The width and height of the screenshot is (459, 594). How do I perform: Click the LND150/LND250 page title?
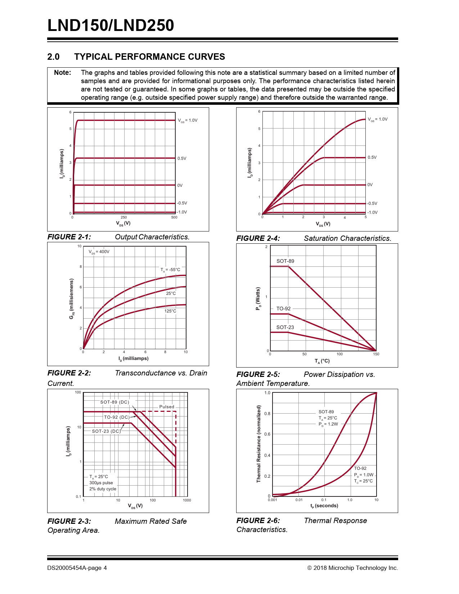[x=111, y=26]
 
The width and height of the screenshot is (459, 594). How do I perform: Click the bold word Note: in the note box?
[x=63, y=73]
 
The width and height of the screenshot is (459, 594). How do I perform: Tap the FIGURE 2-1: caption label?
[x=69, y=237]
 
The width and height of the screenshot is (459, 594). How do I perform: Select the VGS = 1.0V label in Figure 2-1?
[x=188, y=121]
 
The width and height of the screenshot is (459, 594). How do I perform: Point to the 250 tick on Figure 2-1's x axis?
[x=123, y=217]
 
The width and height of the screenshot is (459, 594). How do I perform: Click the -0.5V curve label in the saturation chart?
[x=372, y=204]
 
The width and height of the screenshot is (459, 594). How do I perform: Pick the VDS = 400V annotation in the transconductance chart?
[x=99, y=252]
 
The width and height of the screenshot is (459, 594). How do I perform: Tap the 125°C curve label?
[x=170, y=311]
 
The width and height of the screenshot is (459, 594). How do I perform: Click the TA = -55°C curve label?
[x=170, y=270]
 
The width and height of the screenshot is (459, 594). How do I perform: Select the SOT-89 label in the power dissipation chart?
[x=285, y=261]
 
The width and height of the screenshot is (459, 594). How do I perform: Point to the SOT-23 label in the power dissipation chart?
[x=285, y=328]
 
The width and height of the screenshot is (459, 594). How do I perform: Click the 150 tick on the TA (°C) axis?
[x=376, y=354]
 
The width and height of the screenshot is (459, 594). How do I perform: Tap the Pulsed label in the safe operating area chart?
[x=167, y=407]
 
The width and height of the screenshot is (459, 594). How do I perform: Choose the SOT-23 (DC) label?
[x=106, y=431]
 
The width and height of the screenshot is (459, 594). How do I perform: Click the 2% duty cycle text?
[x=103, y=489]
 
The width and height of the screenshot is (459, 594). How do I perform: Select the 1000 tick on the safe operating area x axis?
[x=187, y=500]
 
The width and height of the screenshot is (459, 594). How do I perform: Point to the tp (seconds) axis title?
[x=324, y=506]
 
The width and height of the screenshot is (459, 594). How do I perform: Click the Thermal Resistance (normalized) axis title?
[x=258, y=444]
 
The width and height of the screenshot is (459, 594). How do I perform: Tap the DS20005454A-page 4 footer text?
[x=77, y=568]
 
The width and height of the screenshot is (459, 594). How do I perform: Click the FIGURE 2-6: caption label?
[x=258, y=521]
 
